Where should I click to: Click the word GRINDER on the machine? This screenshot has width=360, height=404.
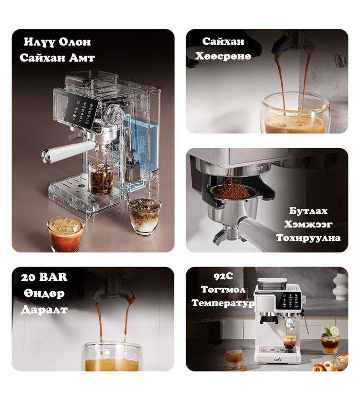[x=255, y=169]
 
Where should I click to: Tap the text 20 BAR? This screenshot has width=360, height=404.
[x=44, y=277]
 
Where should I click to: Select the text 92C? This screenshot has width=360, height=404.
[x=223, y=276]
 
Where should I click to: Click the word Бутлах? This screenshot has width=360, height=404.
[x=308, y=211]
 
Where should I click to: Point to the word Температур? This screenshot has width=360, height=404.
[x=223, y=303]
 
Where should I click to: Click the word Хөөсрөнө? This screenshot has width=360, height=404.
[x=223, y=56]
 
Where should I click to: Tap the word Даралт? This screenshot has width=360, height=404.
[x=44, y=309]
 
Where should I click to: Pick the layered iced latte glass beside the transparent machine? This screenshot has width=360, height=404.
[x=145, y=216]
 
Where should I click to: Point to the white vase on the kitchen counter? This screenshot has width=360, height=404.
[x=340, y=287]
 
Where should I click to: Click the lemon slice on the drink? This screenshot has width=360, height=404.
[x=334, y=331]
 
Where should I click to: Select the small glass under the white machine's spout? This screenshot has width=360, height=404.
[x=290, y=342]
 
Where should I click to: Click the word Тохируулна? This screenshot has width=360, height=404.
[x=308, y=238]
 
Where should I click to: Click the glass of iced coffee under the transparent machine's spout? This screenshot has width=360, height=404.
[x=101, y=179]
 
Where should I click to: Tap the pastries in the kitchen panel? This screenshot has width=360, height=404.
[x=325, y=366]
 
